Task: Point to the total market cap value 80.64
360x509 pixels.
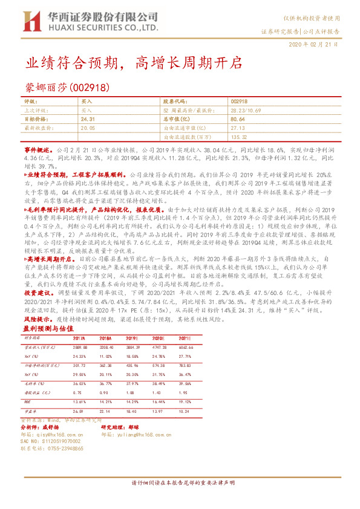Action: [x=237, y=120]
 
